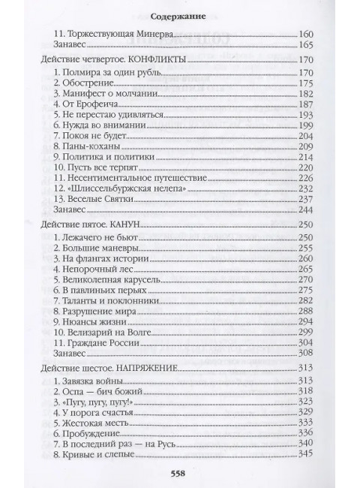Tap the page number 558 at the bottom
[180, 473]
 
